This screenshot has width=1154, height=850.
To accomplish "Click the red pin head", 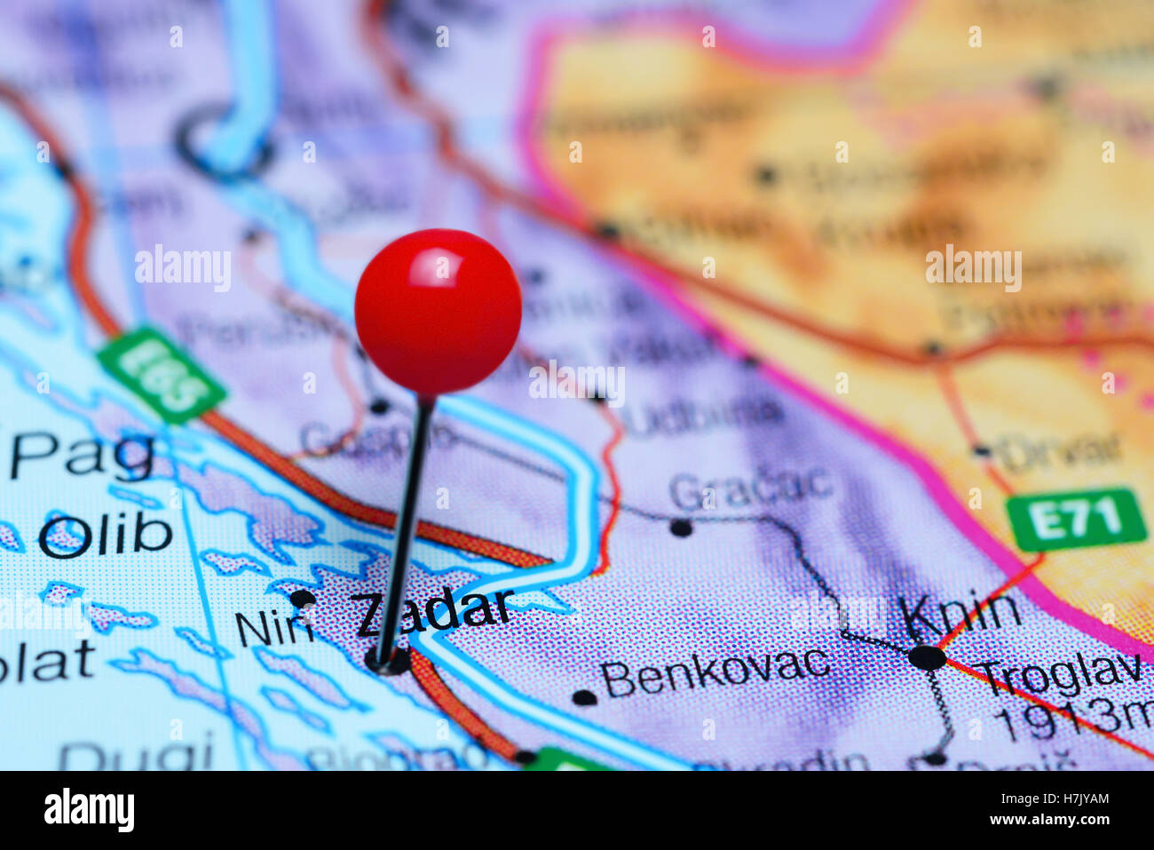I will pyautogui.click(x=438, y=311).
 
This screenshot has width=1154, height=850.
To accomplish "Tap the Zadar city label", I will pyautogui.click(x=433, y=613).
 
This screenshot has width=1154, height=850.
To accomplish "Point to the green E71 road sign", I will pyautogui.click(x=1075, y=519).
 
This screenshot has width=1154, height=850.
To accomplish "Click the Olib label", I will pyautogui.click(x=105, y=536).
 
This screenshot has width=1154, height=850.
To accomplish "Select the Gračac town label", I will pyautogui.click(x=751, y=487).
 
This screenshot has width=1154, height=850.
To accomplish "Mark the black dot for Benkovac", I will pyautogui.click(x=584, y=697).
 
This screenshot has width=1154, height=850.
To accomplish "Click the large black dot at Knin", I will pyautogui.click(x=928, y=658).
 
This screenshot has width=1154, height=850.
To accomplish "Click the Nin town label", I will pyautogui.click(x=273, y=630).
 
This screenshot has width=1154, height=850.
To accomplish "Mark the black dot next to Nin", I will pyautogui.click(x=302, y=598).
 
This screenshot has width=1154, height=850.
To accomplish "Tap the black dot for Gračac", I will pyautogui.click(x=681, y=528).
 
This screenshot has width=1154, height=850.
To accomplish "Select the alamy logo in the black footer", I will pyautogui.click(x=89, y=810).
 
